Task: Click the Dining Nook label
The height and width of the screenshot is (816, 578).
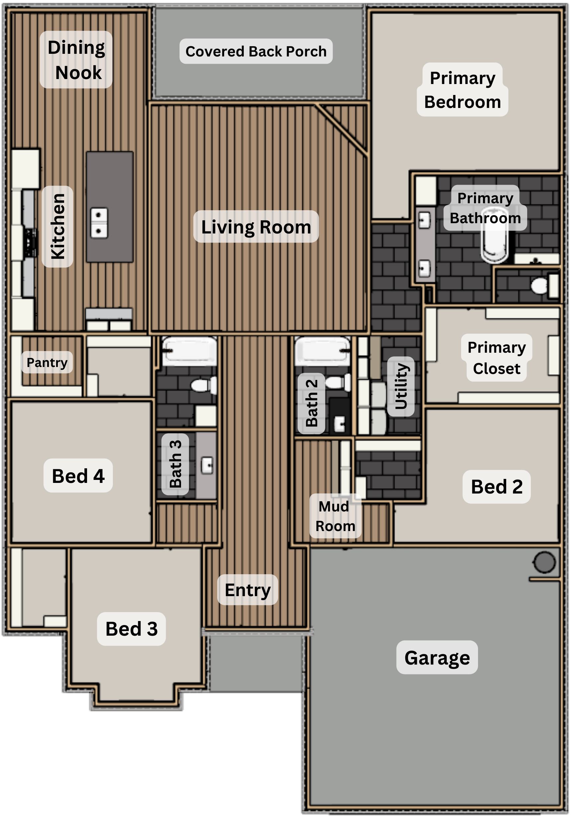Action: point(76,60)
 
